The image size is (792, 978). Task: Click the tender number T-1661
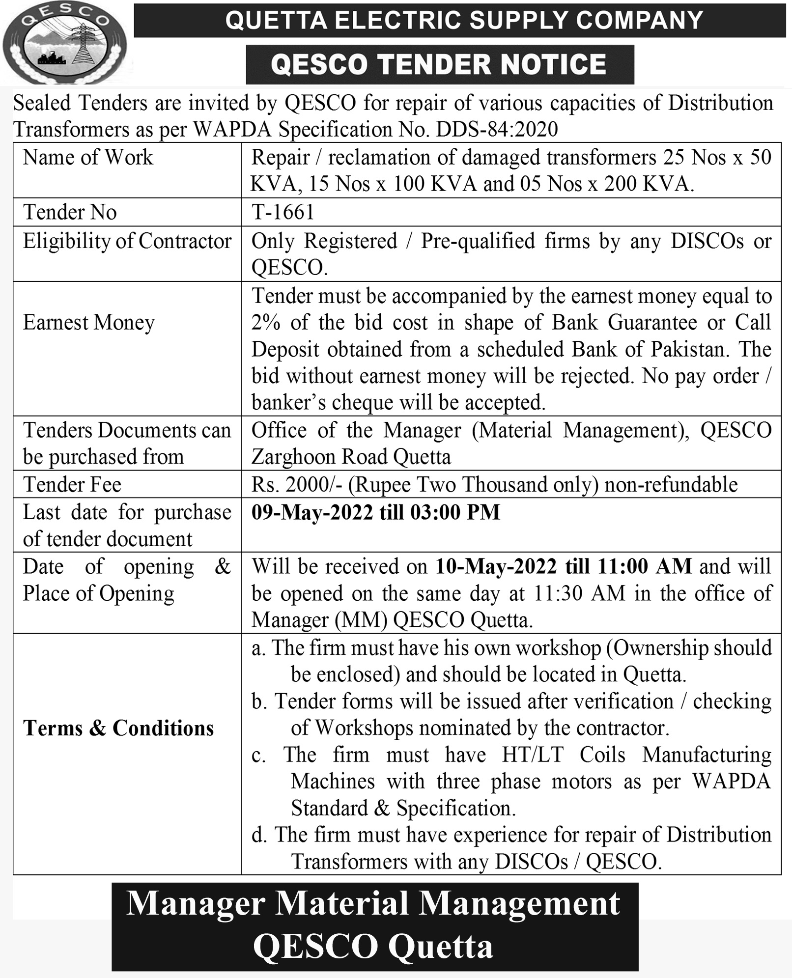283,212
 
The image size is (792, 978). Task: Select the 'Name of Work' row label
88,158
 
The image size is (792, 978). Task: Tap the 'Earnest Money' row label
89,323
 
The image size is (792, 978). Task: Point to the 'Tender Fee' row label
72,484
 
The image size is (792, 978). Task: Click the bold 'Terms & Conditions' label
118,728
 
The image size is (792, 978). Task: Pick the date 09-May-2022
312,512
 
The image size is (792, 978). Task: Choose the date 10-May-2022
496,566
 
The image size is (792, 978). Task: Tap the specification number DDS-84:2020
497,130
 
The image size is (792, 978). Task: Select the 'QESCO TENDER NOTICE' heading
439,64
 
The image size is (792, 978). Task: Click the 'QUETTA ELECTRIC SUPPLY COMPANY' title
464,21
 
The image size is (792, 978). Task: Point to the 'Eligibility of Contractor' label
127,241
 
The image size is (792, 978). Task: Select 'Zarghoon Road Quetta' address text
351,457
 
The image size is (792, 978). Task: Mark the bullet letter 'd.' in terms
259,835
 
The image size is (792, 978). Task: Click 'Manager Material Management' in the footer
373,903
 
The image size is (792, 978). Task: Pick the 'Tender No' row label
70,212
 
